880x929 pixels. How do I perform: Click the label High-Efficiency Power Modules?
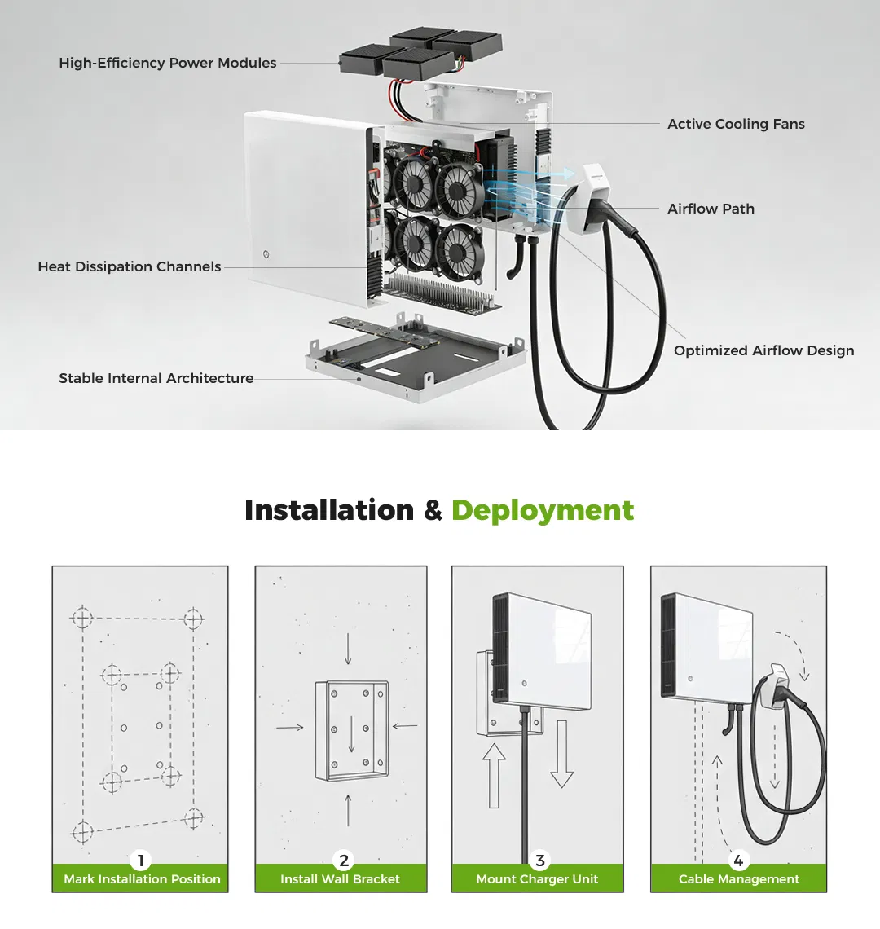[167, 63]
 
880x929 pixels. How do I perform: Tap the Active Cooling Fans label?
[736, 124]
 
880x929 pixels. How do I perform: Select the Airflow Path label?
[711, 209]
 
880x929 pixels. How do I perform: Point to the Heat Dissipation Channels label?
[129, 266]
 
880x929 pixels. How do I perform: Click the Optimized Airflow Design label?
[763, 350]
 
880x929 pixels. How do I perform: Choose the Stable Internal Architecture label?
[156, 378]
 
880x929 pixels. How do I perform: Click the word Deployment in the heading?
[543, 510]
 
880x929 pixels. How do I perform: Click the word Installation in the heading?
[329, 510]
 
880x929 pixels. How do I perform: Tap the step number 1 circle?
[140, 861]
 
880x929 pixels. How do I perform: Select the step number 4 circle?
[738, 861]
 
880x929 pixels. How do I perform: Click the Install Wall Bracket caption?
[340, 879]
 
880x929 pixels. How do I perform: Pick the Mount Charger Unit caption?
[537, 879]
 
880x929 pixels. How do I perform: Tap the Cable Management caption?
[739, 879]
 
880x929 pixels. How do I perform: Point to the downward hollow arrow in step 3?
[561, 754]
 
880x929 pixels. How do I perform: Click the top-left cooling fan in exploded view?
[414, 181]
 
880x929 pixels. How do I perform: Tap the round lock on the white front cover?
[266, 254]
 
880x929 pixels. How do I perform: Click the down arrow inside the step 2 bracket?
[351, 735]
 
